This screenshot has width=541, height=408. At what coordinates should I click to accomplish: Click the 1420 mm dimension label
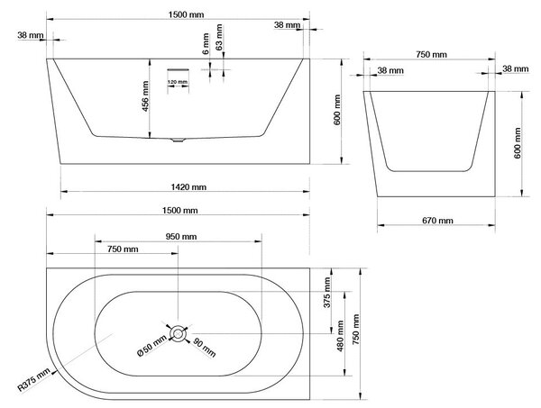click(x=188, y=187)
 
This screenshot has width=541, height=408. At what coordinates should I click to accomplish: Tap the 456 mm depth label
click(x=145, y=96)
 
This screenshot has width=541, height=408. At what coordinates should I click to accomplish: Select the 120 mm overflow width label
click(x=178, y=82)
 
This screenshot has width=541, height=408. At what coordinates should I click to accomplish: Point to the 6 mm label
click(x=206, y=44)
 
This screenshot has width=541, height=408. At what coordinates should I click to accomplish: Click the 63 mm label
click(x=219, y=37)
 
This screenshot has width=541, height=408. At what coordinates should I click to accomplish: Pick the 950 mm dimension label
click(x=181, y=237)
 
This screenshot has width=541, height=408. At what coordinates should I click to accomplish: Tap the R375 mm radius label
click(x=33, y=380)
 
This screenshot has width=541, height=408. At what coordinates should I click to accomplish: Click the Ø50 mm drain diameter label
click(x=151, y=347)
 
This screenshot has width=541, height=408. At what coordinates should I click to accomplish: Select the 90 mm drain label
click(x=205, y=348)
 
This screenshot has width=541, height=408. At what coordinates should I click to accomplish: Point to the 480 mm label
click(x=340, y=336)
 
